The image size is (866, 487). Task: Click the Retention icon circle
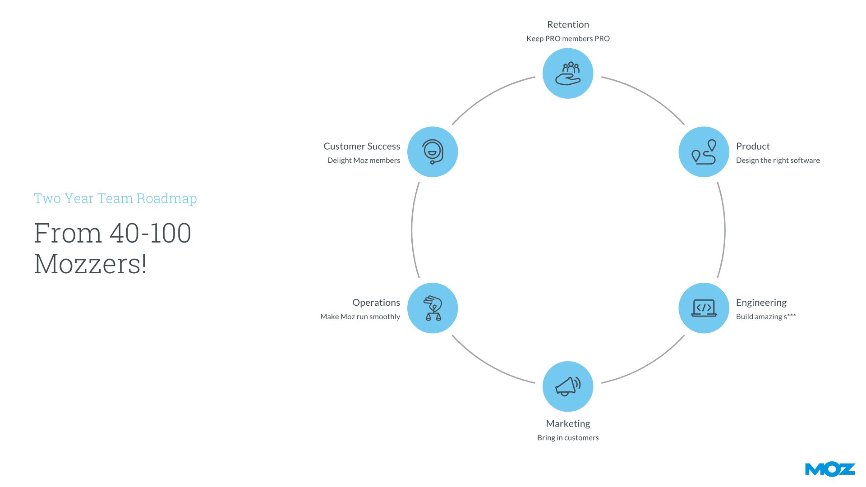tap(568, 74)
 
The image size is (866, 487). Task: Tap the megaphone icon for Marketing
tap(568, 386)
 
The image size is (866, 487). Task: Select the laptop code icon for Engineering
tap(704, 308)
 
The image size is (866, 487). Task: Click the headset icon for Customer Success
tap(433, 152)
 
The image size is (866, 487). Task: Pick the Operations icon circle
tap(433, 308)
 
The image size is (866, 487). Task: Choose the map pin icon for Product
tap(704, 152)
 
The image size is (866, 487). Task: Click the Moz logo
tap(829, 469)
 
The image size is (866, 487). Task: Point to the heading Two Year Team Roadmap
tap(115, 198)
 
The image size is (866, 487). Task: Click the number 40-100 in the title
tap(150, 233)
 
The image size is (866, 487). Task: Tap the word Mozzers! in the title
tap(90, 264)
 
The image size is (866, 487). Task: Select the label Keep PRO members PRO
tap(568, 39)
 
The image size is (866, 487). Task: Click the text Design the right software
tap(778, 161)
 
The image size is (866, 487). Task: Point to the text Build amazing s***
tap(765, 317)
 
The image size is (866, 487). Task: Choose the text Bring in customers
tap(568, 438)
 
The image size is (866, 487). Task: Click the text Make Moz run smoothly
tap(360, 317)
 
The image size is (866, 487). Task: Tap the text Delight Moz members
tap(364, 161)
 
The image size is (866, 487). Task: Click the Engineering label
tap(761, 303)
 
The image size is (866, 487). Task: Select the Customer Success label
tap(362, 147)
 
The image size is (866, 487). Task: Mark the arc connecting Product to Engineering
tap(724, 230)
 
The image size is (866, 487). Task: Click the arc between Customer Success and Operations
tap(412, 230)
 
